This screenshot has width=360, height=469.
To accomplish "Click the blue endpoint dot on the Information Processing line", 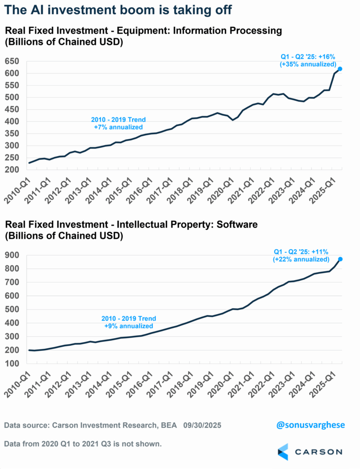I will (340, 69).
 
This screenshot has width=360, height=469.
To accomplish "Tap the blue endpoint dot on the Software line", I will (340, 259).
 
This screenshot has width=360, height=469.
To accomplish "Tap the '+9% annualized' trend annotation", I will (129, 326).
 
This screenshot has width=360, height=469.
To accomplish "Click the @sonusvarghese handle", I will (310, 425).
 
